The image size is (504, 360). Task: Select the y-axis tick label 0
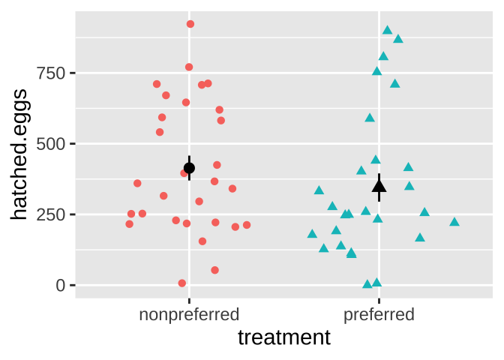click(61, 285)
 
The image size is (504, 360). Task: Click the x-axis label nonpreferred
click(189, 314)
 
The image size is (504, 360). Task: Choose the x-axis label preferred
click(379, 314)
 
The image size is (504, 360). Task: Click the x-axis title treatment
click(283, 338)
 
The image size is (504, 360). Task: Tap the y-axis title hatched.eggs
click(20, 154)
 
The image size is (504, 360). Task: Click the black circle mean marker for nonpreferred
click(189, 168)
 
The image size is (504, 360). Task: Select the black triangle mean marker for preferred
click(379, 186)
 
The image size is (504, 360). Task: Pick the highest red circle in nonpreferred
click(190, 24)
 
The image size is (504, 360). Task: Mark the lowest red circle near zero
click(182, 283)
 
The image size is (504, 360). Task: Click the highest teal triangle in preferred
click(387, 30)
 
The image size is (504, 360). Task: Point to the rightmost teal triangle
click(454, 222)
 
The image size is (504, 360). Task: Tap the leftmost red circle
click(129, 224)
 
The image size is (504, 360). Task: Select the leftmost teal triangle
click(312, 234)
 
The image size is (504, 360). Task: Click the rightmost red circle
click(247, 225)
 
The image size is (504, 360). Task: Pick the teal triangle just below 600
click(370, 118)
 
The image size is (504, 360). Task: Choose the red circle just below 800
click(189, 67)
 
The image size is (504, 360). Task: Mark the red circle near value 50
click(214, 270)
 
